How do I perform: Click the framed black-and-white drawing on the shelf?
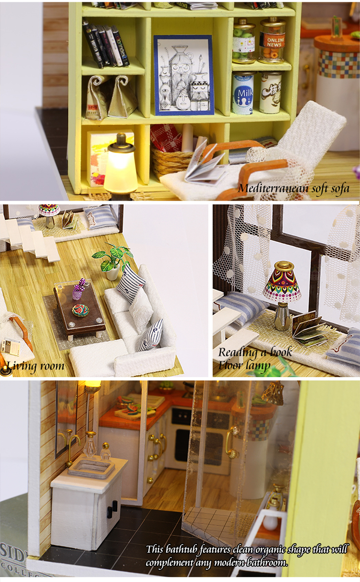pos(184,75)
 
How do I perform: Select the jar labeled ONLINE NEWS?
pos(272,41)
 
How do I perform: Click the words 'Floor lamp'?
pos(245,366)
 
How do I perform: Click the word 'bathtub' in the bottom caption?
pos(199,549)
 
